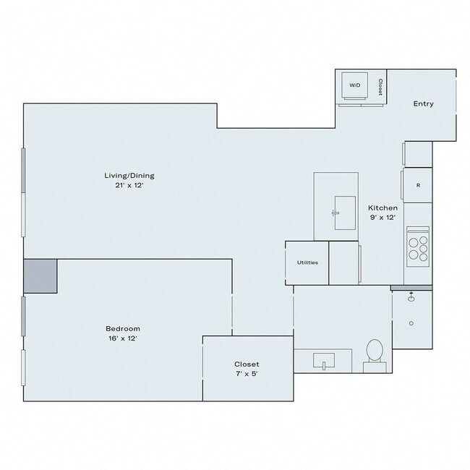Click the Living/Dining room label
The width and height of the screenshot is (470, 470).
129,175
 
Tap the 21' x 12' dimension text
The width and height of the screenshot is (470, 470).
129,184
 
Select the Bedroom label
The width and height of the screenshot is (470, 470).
122,328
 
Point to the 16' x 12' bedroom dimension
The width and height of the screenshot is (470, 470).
122,338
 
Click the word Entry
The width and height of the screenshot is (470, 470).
423,104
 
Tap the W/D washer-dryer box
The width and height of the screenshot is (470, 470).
355,86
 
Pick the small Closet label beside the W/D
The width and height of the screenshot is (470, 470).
380,87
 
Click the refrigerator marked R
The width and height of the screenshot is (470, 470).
418,185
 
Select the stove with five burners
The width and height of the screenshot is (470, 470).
418,244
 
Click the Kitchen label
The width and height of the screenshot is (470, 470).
383,208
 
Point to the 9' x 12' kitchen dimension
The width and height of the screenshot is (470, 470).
383,217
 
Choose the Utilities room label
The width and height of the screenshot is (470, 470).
307,262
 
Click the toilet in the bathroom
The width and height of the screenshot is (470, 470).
375,352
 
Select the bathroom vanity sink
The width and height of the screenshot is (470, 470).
322,359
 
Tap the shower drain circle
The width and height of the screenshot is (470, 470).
411,323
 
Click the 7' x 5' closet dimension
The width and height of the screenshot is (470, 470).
247,374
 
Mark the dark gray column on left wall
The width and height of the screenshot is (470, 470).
40,276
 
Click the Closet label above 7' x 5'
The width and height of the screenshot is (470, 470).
247,364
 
